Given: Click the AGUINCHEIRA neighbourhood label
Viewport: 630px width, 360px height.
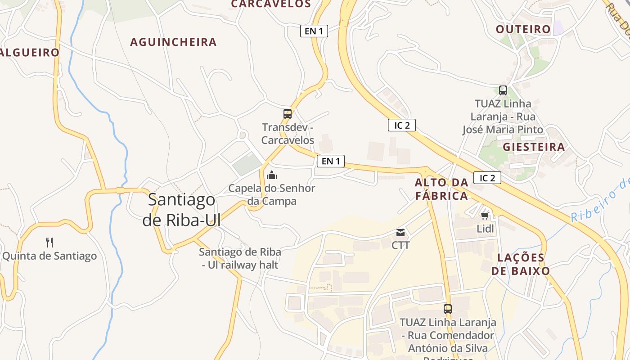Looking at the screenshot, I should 173,42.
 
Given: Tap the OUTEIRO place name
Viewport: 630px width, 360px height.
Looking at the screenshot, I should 523,30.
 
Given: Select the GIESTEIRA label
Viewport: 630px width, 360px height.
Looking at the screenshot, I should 534,147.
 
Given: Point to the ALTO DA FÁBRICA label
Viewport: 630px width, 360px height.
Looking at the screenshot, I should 441,189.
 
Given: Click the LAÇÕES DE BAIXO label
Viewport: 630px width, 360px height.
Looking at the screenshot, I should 521,264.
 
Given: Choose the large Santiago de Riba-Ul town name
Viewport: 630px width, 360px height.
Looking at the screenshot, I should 182,210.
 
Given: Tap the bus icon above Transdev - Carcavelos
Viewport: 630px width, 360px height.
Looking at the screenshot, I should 288,114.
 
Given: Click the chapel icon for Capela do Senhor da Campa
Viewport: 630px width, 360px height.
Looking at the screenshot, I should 271,175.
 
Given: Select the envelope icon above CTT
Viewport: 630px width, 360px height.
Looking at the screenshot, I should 400,233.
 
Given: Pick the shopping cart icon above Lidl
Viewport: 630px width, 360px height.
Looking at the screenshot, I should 485,216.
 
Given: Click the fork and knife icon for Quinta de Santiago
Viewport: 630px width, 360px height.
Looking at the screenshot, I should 49,243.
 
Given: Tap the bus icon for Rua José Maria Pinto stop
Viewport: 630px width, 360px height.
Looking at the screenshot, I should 503,90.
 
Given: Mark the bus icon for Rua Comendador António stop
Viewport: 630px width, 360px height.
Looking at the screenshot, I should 447,309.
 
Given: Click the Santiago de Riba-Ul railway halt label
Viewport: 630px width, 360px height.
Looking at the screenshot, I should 240,258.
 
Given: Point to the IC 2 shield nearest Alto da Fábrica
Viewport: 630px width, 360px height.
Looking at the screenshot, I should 487,178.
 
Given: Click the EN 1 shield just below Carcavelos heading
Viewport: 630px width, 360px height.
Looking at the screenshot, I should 314,31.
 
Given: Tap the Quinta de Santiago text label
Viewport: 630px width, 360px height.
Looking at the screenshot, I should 49,256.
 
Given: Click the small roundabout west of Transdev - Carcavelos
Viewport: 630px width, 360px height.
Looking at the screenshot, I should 243,135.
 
